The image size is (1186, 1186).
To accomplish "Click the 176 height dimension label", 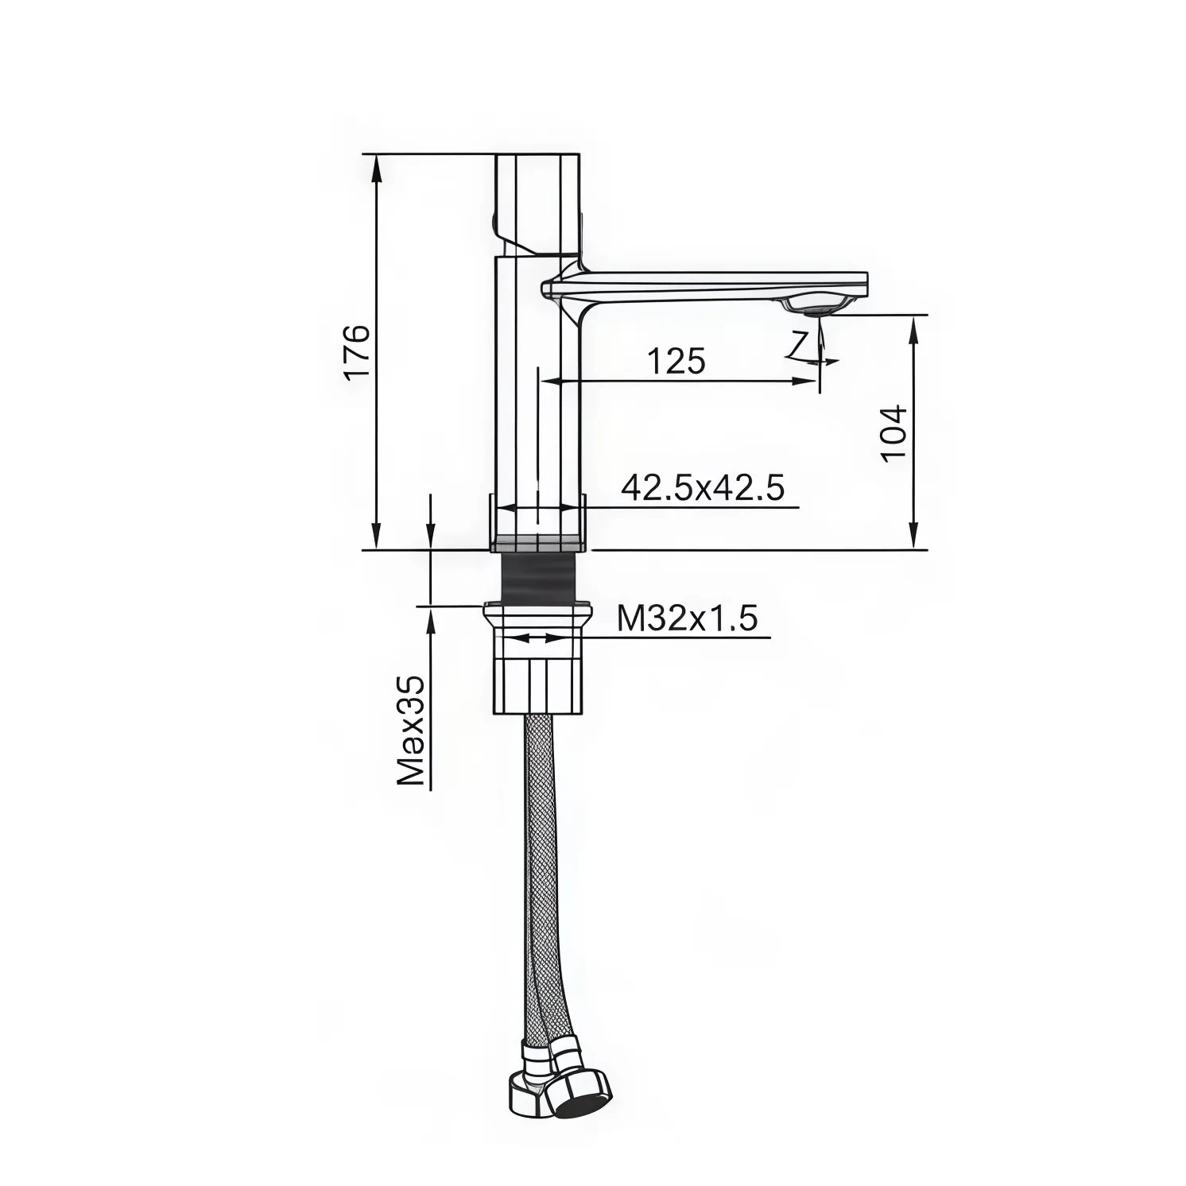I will (x=357, y=352).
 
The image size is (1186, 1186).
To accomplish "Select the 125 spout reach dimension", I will (x=676, y=361).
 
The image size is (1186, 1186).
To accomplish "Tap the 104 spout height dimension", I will (x=894, y=432).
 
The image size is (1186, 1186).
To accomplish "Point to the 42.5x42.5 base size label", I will (x=703, y=487).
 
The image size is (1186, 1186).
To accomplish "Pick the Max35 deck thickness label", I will (x=412, y=731).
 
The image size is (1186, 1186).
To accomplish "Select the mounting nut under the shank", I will (x=537, y=660).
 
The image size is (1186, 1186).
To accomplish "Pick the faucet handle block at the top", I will (x=537, y=203).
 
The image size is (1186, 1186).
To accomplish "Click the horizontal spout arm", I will (x=715, y=281).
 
